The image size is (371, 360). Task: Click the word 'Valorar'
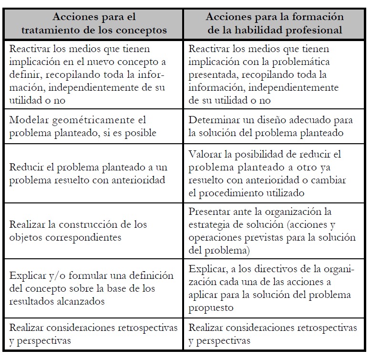click(x=205, y=155)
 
